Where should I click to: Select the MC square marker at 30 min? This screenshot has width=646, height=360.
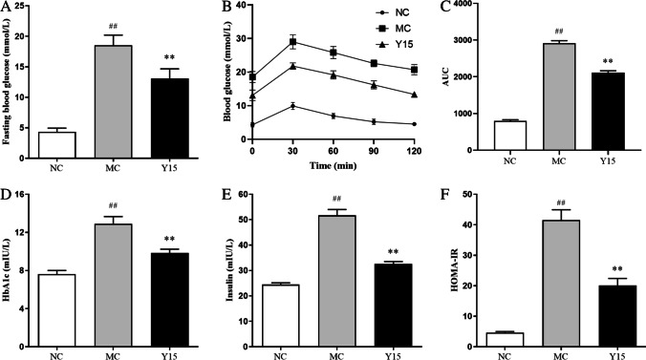pos(293,42)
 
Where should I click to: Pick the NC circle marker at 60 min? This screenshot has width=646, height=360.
pos(334,116)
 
